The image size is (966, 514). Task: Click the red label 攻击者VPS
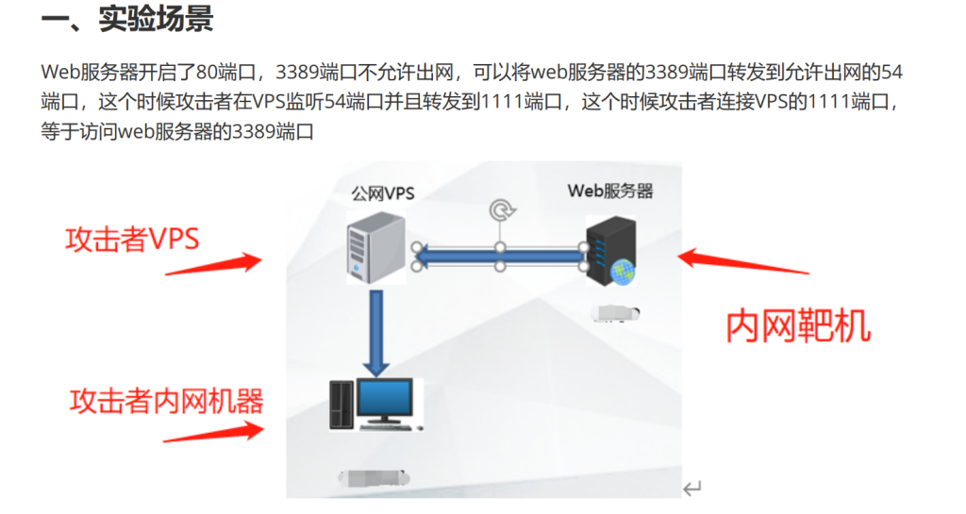click(x=132, y=239)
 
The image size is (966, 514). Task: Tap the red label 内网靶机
click(x=798, y=325)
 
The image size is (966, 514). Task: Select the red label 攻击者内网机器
click(x=166, y=401)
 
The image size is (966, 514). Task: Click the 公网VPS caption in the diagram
click(x=383, y=193)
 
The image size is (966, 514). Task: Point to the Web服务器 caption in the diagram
click(x=609, y=191)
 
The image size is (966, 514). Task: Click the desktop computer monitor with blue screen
click(x=383, y=401)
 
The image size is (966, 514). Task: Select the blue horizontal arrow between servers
click(x=501, y=256)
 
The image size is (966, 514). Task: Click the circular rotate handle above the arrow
click(x=500, y=208)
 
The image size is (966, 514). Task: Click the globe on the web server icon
click(x=623, y=272)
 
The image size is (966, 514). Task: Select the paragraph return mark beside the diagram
click(x=692, y=488)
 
